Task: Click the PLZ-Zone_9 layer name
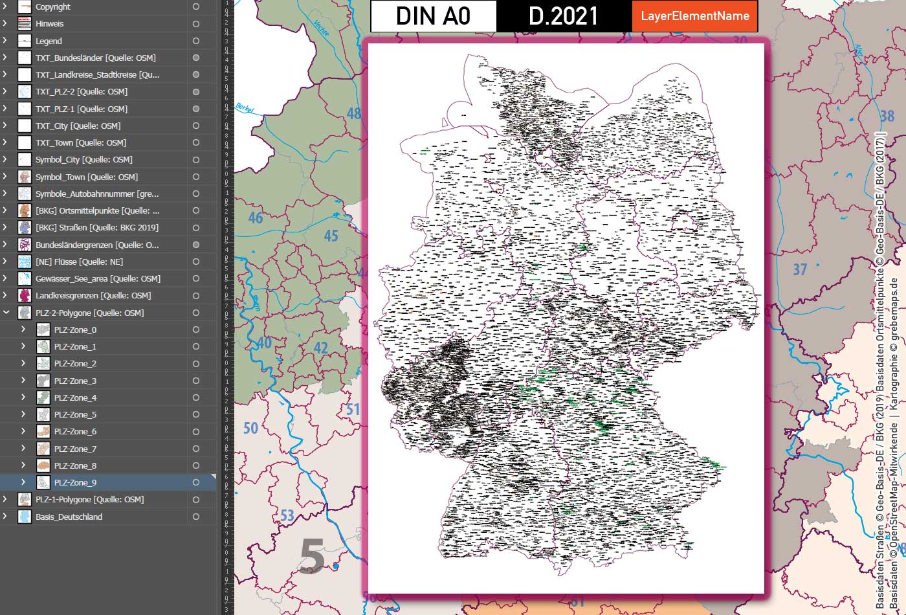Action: (75, 482)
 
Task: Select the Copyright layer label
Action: (53, 7)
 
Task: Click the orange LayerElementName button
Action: (694, 16)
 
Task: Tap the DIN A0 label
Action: (433, 16)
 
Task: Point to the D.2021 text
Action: (563, 16)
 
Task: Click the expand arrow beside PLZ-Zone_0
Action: (23, 330)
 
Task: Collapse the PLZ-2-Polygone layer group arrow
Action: (6, 313)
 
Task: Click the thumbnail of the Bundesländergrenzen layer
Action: (25, 245)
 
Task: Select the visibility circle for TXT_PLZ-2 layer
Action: (196, 91)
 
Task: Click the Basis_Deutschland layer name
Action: (69, 517)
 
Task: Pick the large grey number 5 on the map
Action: (312, 557)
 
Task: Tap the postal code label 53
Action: (287, 516)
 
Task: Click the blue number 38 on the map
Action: (887, 116)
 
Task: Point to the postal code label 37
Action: (801, 269)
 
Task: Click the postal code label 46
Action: (256, 218)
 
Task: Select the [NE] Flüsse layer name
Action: (79, 262)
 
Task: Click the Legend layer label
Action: (49, 41)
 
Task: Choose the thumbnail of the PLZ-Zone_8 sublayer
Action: (43, 465)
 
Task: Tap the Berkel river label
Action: (245, 109)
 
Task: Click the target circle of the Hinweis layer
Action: (196, 24)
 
